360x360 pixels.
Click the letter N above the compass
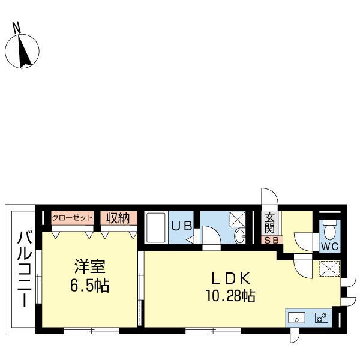(x=17, y=28)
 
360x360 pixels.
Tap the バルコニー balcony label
(x=23, y=269)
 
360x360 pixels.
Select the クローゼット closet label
(x=73, y=218)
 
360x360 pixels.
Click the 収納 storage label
(x=118, y=218)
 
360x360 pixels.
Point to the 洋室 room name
(x=90, y=266)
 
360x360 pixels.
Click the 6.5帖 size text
(x=89, y=286)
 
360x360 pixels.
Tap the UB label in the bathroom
(x=182, y=226)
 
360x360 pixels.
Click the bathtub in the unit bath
(x=156, y=227)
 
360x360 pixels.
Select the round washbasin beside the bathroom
(x=239, y=236)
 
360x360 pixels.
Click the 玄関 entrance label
(x=269, y=223)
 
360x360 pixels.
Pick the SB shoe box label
(x=272, y=241)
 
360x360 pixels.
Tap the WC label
(x=329, y=247)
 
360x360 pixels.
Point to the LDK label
(x=230, y=278)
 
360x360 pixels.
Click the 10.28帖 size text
(x=230, y=296)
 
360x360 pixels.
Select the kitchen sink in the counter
(x=296, y=317)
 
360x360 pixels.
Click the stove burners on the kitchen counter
(x=322, y=317)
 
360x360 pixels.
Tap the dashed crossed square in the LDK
(x=329, y=268)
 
